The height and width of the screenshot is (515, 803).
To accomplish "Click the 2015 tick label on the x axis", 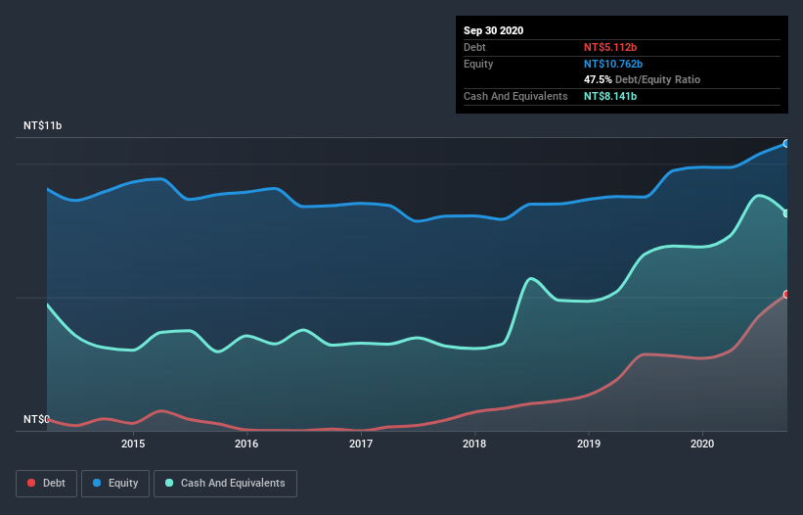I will (x=133, y=444).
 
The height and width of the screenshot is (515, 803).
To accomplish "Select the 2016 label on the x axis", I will (x=246, y=444).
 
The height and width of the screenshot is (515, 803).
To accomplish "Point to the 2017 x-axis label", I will (x=361, y=444).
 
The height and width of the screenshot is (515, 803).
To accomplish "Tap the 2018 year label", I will (x=474, y=444).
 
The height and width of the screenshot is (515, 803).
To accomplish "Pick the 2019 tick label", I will (x=589, y=444).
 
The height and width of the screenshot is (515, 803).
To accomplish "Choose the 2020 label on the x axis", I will (x=702, y=444).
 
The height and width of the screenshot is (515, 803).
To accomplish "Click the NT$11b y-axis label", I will (x=44, y=126).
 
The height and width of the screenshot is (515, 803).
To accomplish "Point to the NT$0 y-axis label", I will (x=36, y=419).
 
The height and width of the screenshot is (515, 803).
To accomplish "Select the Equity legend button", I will (x=115, y=483).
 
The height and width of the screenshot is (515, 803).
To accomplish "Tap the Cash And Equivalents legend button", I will (x=226, y=483).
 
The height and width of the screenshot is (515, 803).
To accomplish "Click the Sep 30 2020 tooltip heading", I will (x=494, y=30).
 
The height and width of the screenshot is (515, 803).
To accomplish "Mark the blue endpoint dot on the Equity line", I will (x=786, y=143).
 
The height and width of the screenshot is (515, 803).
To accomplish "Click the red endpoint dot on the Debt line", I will (x=786, y=294).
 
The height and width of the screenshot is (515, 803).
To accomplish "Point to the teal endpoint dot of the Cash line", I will (x=786, y=212).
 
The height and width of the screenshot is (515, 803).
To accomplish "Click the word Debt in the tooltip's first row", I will (x=475, y=47).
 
